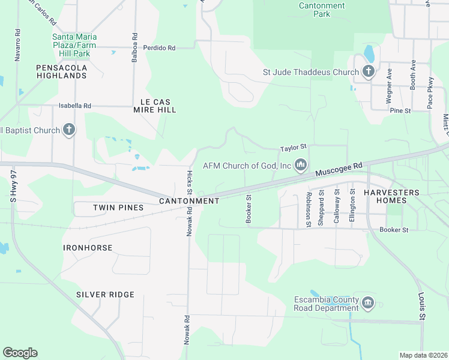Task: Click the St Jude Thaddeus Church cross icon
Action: point(369,73)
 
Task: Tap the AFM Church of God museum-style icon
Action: point(301,165)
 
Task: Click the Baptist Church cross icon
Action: point(69,130)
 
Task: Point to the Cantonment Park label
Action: point(322,10)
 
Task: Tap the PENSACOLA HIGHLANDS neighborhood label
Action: point(61,71)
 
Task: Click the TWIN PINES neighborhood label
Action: point(118,208)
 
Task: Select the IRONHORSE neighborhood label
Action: point(87,247)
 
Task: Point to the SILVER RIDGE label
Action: point(105,295)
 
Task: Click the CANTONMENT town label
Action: point(189,201)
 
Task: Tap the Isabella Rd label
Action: point(74,106)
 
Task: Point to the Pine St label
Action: point(400,111)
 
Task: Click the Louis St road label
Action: point(422,307)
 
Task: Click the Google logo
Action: point(20,353)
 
